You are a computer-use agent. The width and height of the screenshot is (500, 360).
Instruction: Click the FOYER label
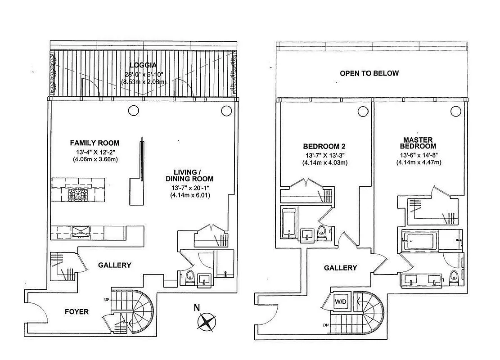(x=77, y=311)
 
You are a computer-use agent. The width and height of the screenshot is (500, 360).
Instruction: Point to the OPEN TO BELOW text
(x=369, y=73)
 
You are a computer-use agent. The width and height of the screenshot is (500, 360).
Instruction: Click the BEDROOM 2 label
(x=324, y=147)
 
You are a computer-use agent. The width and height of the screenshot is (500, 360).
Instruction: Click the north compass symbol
(x=207, y=322)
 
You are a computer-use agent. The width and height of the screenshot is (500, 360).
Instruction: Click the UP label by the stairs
(x=106, y=299)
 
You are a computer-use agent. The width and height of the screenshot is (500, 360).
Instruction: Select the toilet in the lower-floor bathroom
(x=189, y=277)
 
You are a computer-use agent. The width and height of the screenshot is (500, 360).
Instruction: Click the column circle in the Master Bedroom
(x=456, y=111)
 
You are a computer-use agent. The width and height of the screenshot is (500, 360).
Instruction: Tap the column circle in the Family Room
(x=133, y=110)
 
